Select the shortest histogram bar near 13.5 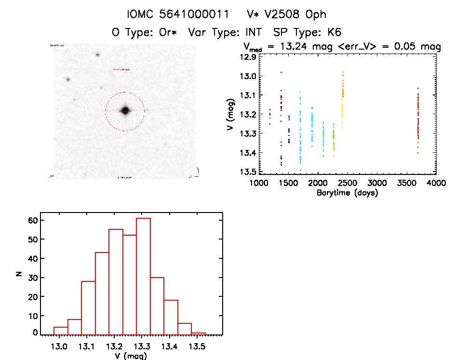(199, 333)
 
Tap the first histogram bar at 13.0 (61, 330)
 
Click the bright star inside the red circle (125, 110)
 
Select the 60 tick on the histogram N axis (32, 220)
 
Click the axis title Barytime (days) (347, 193)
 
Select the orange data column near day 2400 (343, 96)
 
